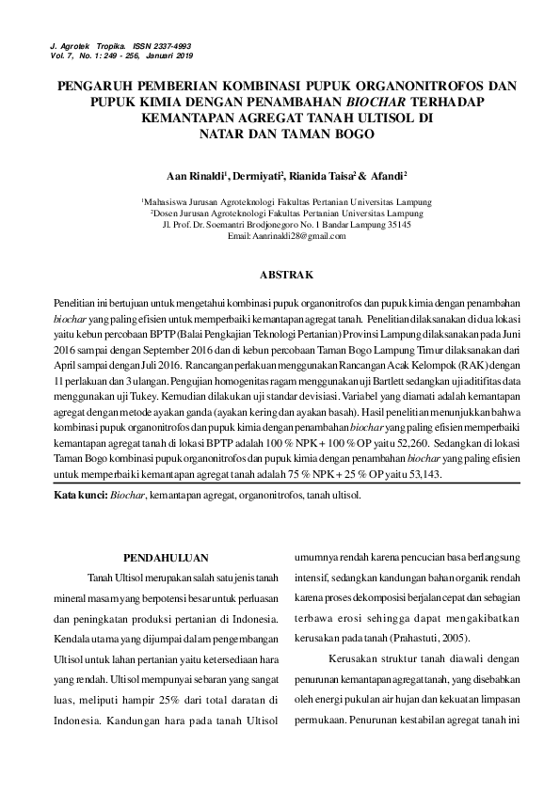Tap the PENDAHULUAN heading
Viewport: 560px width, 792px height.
[x=166, y=557]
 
